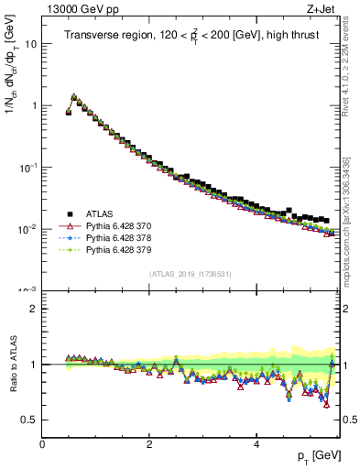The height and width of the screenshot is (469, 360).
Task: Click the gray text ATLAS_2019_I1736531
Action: (x=191, y=274)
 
